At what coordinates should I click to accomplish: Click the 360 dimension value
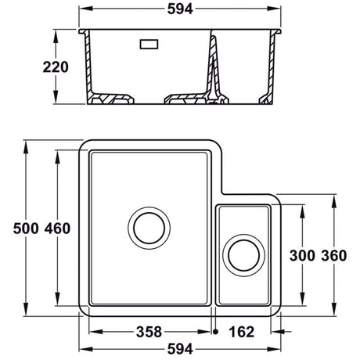click(333, 255)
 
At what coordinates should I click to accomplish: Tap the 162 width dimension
click(241, 332)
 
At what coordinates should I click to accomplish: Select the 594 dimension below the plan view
click(181, 350)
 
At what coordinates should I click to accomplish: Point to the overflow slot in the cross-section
click(148, 45)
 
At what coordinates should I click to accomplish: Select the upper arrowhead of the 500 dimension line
click(27, 145)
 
